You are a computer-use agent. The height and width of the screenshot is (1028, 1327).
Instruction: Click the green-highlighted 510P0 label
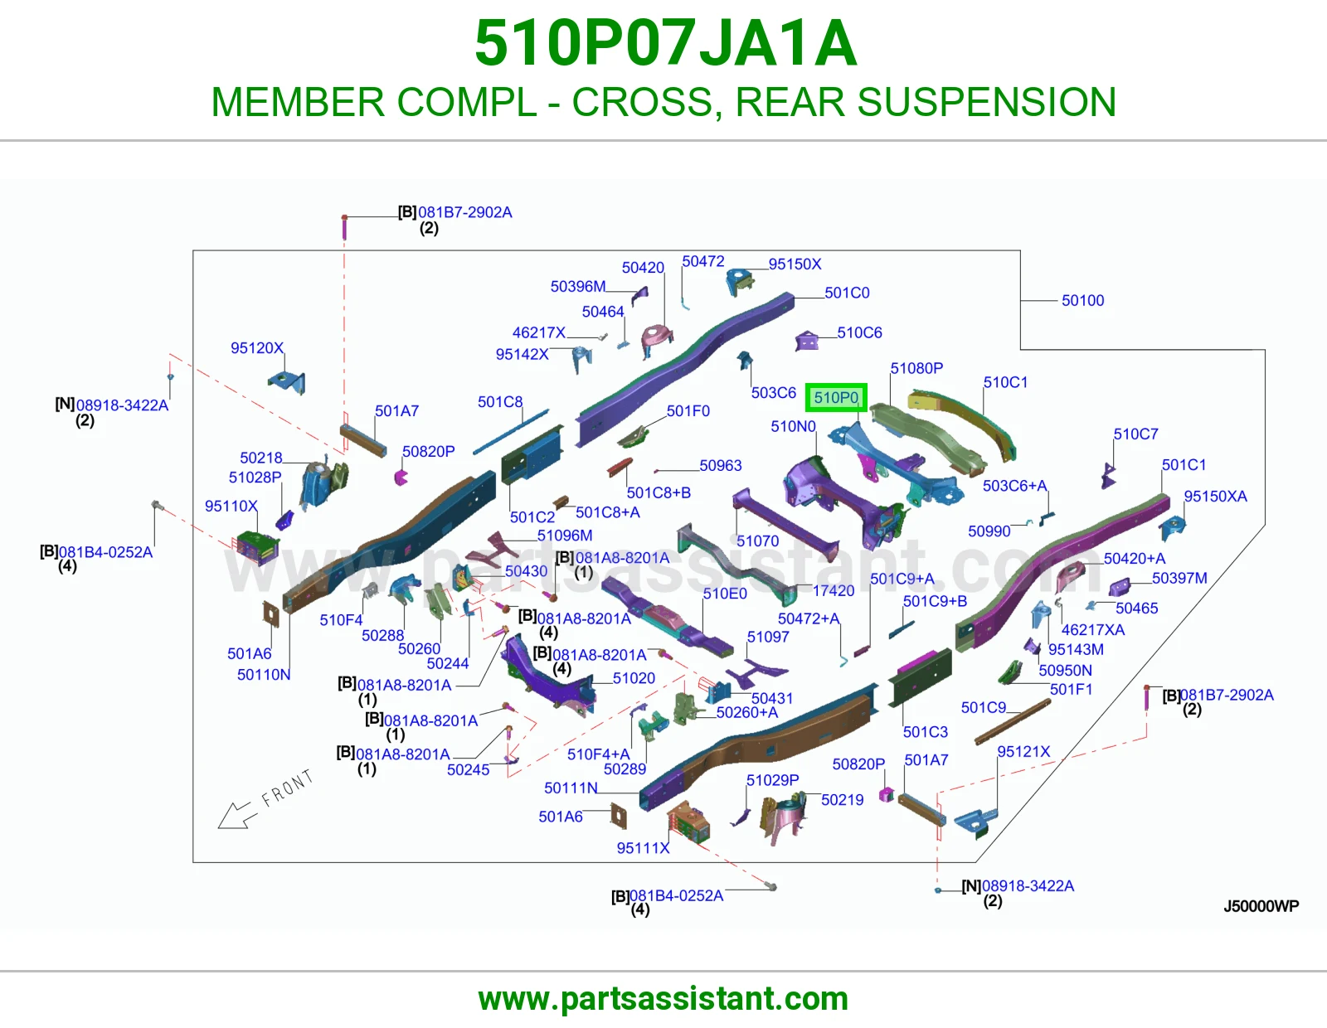point(836,398)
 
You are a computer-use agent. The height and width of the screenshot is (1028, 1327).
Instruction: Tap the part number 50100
point(1082,300)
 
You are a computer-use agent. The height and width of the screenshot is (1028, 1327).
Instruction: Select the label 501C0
point(847,293)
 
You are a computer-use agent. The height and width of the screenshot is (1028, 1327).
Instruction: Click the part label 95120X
point(257,348)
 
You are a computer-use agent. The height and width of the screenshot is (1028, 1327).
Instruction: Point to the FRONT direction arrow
point(235,815)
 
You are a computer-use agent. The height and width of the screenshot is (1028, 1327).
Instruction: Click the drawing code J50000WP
point(1261,906)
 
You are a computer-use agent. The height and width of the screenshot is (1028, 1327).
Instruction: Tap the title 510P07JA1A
point(666,43)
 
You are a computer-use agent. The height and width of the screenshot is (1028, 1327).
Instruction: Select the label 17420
point(833,591)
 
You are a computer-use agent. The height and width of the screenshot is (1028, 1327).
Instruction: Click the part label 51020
point(634,678)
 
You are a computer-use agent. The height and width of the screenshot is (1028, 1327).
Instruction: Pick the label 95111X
point(643,848)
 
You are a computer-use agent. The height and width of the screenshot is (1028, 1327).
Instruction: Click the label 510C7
point(1136,434)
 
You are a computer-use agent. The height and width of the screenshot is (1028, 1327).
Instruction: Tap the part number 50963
point(721,465)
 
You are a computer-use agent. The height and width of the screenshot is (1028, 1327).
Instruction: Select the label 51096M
point(565,536)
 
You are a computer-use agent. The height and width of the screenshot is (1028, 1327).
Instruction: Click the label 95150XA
point(1216,497)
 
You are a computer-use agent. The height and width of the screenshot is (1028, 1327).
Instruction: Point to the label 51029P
point(772,780)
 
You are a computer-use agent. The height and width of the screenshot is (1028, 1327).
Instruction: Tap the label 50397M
point(1180,578)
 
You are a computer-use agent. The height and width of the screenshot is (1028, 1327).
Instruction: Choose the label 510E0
point(725,594)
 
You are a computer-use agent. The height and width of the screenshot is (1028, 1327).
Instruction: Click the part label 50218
point(261,458)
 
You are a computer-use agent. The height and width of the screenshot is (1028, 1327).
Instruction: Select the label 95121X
point(1023,751)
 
